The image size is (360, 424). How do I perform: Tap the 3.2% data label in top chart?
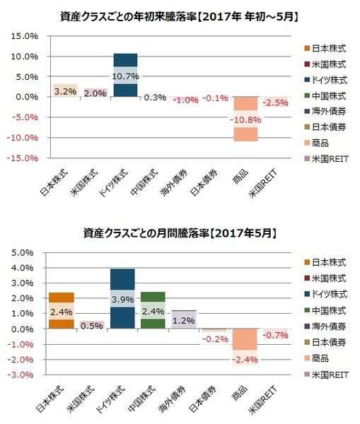pyautogui.click(x=63, y=90)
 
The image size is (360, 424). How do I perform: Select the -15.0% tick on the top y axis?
pyautogui.click(x=23, y=158)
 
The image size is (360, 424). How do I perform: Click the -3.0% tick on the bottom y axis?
pyautogui.click(x=24, y=375)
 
